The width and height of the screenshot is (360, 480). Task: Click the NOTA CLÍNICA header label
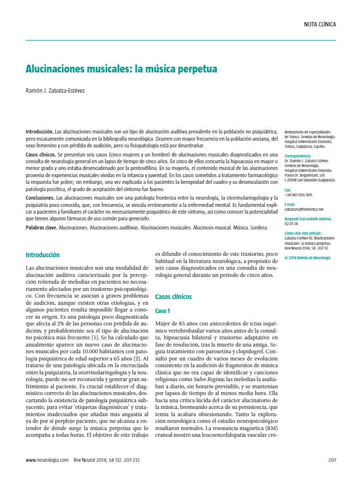[x=320, y=24]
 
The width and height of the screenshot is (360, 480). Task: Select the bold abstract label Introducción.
[x=39, y=132]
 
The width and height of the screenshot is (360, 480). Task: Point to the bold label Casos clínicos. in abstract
[x=41, y=155]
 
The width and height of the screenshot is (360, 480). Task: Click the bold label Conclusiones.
[x=40, y=198]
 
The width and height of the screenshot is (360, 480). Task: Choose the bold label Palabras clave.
[x=41, y=227]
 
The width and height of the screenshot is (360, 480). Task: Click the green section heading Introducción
[x=43, y=255]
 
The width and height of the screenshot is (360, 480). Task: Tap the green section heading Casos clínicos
[x=173, y=297]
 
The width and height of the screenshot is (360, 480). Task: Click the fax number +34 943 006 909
[x=299, y=195]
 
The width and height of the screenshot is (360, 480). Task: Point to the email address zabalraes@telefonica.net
[x=304, y=209]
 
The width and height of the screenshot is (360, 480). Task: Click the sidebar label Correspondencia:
[x=298, y=156]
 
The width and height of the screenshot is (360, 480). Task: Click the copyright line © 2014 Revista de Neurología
[x=307, y=258]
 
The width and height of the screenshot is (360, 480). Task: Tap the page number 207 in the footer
[x=332, y=459]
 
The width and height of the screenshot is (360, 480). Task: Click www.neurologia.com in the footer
[x=47, y=459]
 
